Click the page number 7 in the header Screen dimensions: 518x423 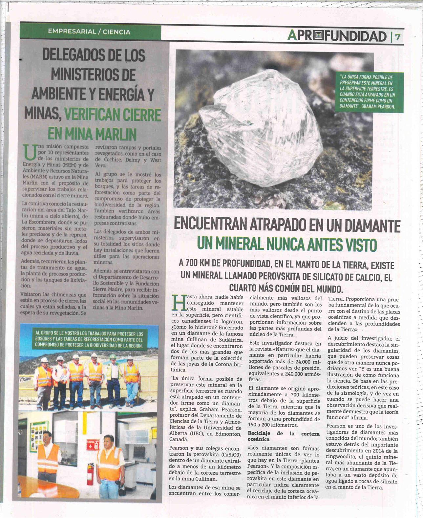pyautogui.click(x=398, y=36)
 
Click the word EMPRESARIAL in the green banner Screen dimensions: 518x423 pyautogui.click(x=72, y=32)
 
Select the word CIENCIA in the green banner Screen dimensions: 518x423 pyautogui.click(x=116, y=32)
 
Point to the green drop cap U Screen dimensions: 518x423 pyautogui.click(x=30, y=153)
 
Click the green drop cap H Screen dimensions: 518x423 pyautogui.click(x=179, y=303)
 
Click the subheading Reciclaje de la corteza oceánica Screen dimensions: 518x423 pyautogui.click(x=283, y=436)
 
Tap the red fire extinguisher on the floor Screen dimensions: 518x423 pyautogui.click(x=90, y=473)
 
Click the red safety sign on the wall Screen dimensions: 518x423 pyautogui.click(x=92, y=445)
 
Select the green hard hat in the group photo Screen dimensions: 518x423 pyautogui.click(x=113, y=356)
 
